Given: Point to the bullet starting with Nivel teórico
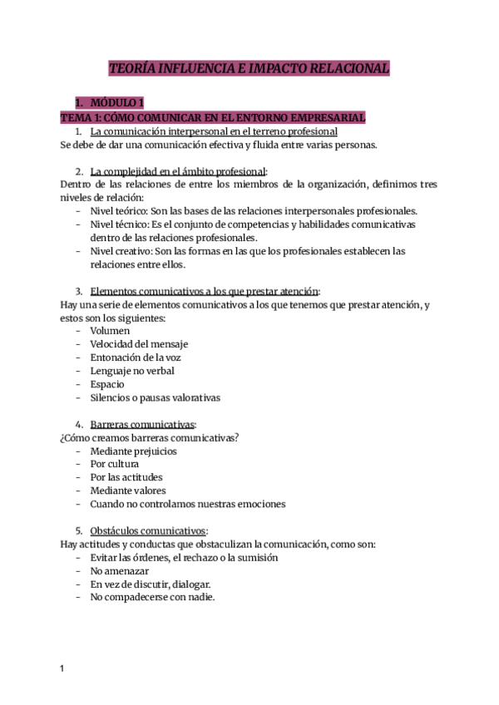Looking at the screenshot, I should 254,210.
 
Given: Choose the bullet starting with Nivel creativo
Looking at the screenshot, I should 248,251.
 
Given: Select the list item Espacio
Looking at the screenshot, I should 107,384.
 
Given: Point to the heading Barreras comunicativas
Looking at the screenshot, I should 141,424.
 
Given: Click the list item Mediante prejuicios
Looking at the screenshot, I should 133,451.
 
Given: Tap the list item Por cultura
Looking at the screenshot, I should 115,464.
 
